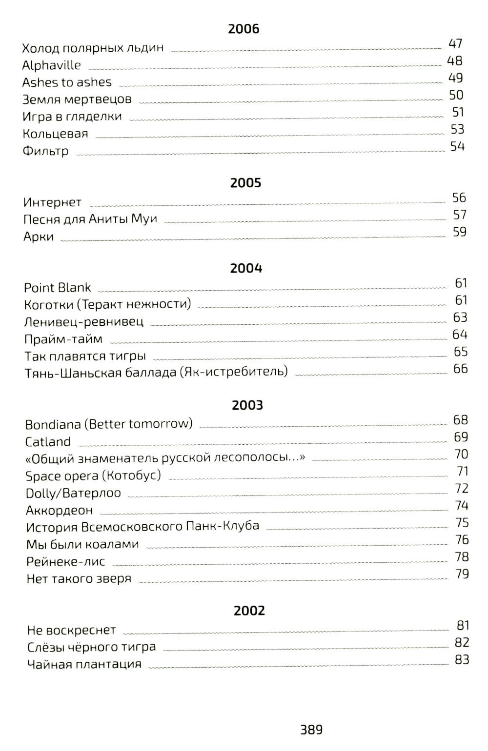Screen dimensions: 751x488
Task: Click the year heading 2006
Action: tap(244, 29)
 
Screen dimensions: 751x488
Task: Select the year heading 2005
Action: tap(245, 183)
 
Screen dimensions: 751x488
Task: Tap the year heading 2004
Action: tap(246, 268)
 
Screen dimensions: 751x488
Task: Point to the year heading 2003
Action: tap(247, 405)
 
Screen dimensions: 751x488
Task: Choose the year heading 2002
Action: tap(249, 611)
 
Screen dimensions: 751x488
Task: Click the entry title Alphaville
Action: tap(51, 65)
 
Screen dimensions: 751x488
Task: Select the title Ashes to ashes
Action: tap(67, 82)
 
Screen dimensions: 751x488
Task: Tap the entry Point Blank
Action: tap(58, 288)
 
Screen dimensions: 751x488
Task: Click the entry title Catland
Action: tap(48, 442)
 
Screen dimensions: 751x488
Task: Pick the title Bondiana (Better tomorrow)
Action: tap(109, 424)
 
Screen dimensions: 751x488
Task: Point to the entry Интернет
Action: tap(52, 202)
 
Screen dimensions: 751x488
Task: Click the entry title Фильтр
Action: tap(45, 151)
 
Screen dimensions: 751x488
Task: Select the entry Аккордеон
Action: tap(59, 511)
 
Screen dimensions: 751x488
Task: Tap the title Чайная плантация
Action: tap(84, 665)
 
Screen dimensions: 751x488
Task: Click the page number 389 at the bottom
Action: tap(311, 730)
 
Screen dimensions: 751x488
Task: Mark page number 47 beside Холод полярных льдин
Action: tap(455, 44)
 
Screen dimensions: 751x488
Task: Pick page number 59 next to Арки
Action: tap(459, 232)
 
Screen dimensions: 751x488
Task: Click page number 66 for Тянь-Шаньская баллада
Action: tap(460, 369)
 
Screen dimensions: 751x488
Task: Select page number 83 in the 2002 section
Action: tap(462, 660)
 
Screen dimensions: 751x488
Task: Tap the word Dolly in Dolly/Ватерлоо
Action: tap(41, 493)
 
